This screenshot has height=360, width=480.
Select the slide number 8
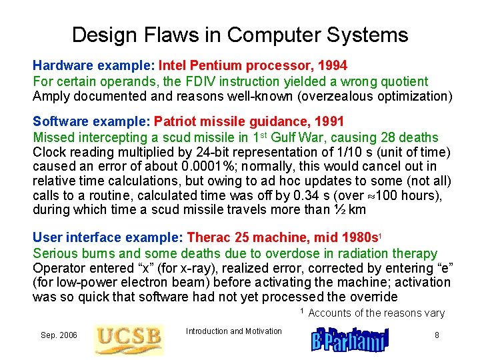437,335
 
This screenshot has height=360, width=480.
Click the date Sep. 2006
59,335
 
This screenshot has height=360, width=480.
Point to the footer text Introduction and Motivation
233,331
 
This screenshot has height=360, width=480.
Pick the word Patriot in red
174,122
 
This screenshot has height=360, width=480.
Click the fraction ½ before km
338,210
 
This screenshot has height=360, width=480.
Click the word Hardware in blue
59,66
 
